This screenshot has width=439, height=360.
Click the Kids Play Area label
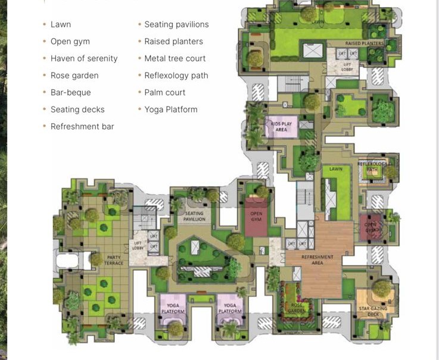(281, 126)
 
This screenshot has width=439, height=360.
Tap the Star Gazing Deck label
(373, 311)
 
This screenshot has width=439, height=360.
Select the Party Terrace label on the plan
(113, 261)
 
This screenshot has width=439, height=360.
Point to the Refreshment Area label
(317, 260)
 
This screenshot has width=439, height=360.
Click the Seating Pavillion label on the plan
(194, 216)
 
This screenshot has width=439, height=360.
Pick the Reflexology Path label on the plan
(372, 167)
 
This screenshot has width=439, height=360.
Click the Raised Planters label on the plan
(365, 43)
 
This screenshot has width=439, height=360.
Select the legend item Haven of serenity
(84, 58)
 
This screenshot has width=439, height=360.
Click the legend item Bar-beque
(70, 93)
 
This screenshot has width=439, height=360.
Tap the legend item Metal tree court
(175, 58)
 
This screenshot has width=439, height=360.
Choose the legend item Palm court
(165, 93)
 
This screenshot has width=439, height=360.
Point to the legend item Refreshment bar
(82, 127)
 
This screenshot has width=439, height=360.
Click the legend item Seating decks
(77, 109)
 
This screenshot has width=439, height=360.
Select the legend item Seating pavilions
(176, 24)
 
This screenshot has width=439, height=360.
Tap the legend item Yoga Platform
(171, 109)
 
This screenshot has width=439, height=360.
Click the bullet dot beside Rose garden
(44, 76)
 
